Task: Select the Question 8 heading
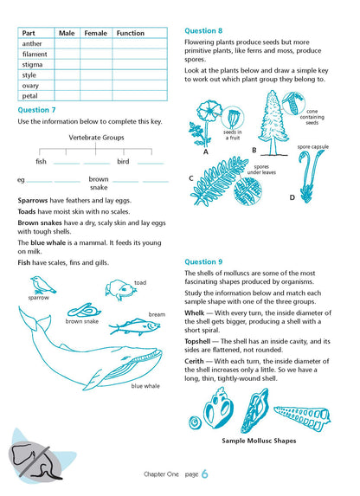tap(203, 30)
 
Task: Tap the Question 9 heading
tap(203, 261)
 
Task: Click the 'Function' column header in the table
tap(130, 33)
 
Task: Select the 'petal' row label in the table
tap(29, 95)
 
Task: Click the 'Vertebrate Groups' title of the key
tap(96, 138)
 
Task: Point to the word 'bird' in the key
tap(123, 162)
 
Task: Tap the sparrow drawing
tap(40, 283)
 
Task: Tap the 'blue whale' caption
tap(145, 386)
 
